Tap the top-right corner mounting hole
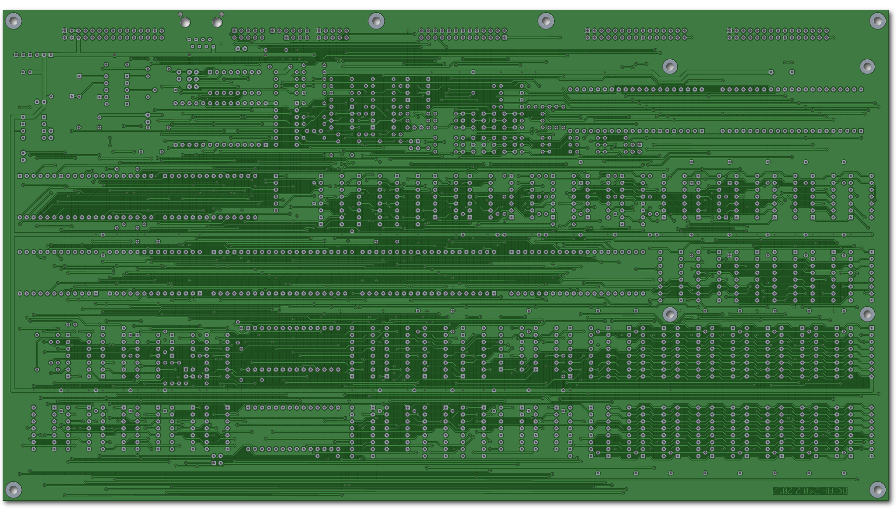877,21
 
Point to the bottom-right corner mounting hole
877,490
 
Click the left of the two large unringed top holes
185,23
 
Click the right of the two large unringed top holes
217,23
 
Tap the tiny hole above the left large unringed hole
180,14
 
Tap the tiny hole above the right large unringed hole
222,14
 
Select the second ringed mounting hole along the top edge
376,21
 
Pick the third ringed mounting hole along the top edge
546,21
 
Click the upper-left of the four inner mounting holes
670,66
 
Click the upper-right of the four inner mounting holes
867,66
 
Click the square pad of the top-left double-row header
65,31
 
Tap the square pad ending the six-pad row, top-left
51,55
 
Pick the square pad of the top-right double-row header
729,31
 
